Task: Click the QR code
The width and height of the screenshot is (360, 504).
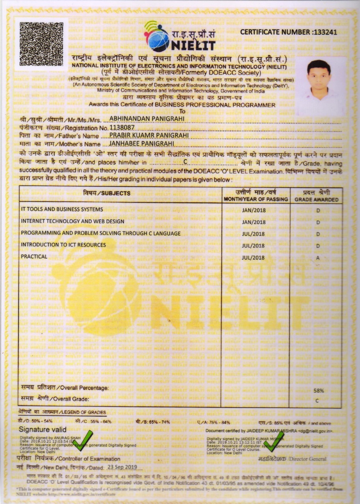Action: (41, 43)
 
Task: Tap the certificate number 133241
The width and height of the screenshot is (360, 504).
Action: (324, 32)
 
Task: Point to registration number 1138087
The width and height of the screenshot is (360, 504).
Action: (122, 128)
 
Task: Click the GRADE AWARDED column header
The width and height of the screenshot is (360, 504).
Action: (316, 196)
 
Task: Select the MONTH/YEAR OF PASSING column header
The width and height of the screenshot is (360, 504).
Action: (256, 196)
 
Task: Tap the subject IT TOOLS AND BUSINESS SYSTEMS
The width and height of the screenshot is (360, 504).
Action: (62, 209)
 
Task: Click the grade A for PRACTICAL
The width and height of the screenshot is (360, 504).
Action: (317, 258)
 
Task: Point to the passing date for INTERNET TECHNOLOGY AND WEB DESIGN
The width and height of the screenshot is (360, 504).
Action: (253, 222)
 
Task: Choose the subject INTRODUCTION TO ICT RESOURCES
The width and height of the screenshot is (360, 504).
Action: (63, 245)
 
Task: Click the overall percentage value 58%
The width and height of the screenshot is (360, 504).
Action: (318, 391)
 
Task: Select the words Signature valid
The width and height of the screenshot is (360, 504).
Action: (43, 429)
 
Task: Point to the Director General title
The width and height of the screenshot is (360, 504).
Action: (292, 459)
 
